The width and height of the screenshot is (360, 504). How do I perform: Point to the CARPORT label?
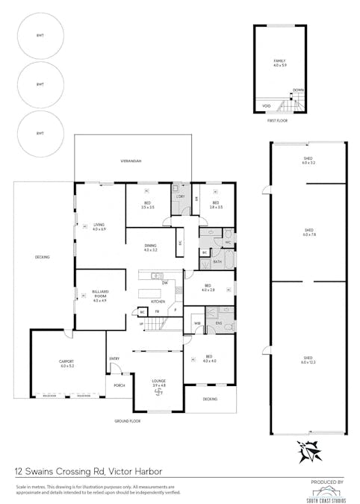[x=66, y=364]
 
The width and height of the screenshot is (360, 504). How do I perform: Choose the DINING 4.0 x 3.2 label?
[x=151, y=248]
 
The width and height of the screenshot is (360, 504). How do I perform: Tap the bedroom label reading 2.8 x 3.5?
[x=215, y=205]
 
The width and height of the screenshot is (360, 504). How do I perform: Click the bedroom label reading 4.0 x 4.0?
[x=209, y=360]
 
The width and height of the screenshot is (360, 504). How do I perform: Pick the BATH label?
[x=217, y=262]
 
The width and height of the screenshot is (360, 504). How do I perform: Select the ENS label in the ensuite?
[x=219, y=323]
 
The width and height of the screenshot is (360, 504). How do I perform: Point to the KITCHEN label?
[x=158, y=301]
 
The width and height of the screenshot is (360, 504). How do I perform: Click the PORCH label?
[x=119, y=385]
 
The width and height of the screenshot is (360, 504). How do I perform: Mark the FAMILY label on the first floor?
[x=279, y=63]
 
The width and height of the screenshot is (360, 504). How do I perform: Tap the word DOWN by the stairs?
[x=298, y=90]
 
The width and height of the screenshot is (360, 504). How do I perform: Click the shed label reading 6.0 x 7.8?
[x=308, y=231]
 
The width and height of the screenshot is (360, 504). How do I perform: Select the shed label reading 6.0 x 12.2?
[x=308, y=360]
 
